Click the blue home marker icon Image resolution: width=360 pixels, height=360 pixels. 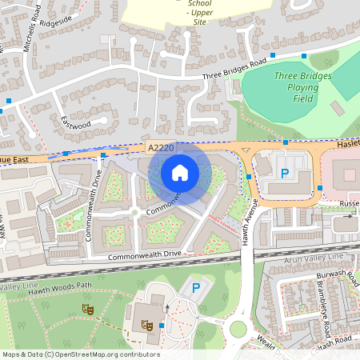pos(180,172)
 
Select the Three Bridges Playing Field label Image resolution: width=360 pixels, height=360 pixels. pos(297,88)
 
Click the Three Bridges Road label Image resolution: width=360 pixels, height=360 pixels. pos(234,70)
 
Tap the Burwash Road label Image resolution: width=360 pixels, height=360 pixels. pos(333,278)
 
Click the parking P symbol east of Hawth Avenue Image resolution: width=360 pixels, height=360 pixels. pos(283,174)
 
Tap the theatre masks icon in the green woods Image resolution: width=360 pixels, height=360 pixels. pos(88,308)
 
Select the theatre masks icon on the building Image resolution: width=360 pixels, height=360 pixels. pos(146,324)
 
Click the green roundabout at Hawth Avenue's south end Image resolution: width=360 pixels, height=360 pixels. pos(238,329)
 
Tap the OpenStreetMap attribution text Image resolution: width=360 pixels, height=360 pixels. pos(80,354)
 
